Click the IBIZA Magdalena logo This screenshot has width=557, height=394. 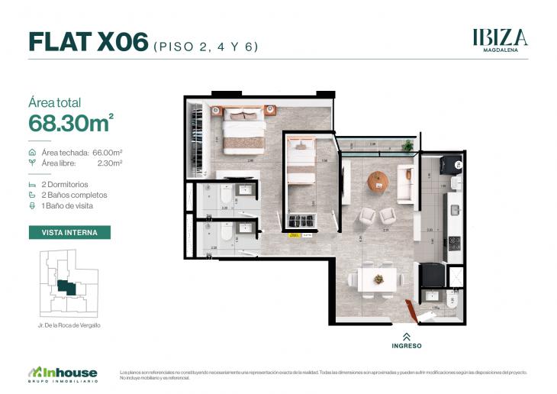(500, 39)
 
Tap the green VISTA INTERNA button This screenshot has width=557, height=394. (69, 232)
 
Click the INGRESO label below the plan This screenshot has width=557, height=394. (406, 345)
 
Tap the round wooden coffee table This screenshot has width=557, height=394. (378, 181)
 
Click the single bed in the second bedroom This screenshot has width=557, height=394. (301, 163)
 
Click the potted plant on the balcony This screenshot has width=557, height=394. (407, 145)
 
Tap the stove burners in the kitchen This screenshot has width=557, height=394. (454, 243)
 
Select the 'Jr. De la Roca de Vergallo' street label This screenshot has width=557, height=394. (69, 325)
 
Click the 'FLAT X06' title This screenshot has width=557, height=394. (88, 43)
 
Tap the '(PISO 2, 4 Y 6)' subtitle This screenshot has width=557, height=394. (206, 46)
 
